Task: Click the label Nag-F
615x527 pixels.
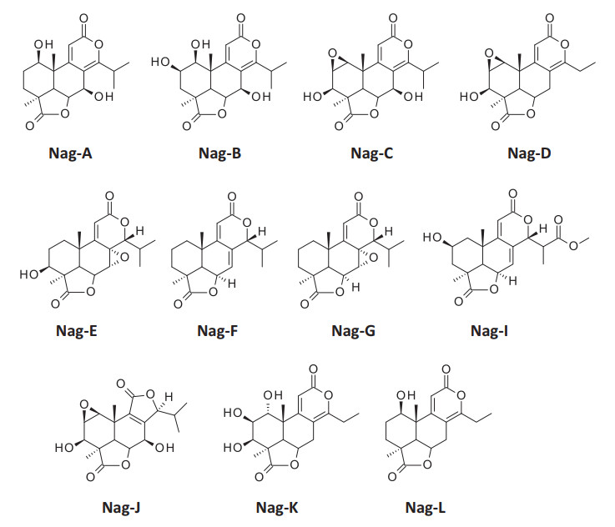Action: pos(220,331)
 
